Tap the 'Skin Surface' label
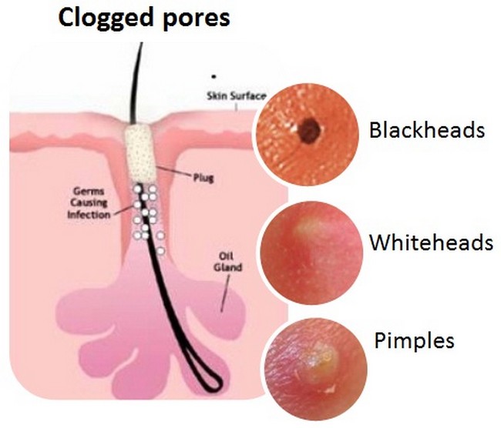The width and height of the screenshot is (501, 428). (x=235, y=95)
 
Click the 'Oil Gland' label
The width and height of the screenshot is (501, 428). (x=229, y=262)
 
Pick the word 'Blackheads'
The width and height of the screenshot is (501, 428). (x=426, y=129)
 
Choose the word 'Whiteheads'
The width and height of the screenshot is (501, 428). (x=430, y=243)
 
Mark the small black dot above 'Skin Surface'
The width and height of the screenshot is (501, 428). (x=214, y=76)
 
